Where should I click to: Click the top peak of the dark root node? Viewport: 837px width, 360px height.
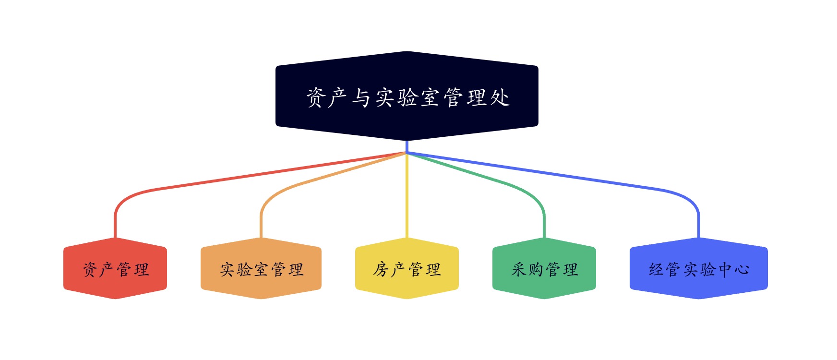pyautogui.click(x=407, y=51)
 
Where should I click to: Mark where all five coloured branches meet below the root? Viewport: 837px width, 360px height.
pyautogui.click(x=407, y=153)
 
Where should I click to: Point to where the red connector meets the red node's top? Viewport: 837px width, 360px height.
pyautogui.click(x=115, y=237)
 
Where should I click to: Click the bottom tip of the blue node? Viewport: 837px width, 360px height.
pyautogui.click(x=699, y=299)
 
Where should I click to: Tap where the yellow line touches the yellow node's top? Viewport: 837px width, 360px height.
pyautogui.click(x=407, y=237)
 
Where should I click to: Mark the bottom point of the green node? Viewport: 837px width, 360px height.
pyautogui.click(x=544, y=299)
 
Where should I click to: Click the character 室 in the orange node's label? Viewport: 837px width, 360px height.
pyautogui.click(x=262, y=269)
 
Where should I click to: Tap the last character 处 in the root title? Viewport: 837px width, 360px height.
pyautogui.click(x=500, y=97)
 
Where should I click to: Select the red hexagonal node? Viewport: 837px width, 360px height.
pyautogui.click(x=115, y=268)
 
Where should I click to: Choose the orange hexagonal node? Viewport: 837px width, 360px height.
pyautogui.click(x=261, y=268)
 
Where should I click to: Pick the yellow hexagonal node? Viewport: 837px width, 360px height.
pyautogui.click(x=407, y=268)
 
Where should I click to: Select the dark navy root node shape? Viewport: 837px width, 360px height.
pyautogui.click(x=407, y=96)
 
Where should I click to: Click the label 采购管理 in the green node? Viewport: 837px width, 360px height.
pyautogui.click(x=545, y=269)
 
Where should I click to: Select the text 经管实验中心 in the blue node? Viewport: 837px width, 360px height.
pyautogui.click(x=699, y=269)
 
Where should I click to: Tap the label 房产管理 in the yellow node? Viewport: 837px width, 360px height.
pyautogui.click(x=407, y=269)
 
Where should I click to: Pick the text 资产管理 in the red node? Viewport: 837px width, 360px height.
pyautogui.click(x=116, y=269)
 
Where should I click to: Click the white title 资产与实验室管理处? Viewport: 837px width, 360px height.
pyautogui.click(x=408, y=97)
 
